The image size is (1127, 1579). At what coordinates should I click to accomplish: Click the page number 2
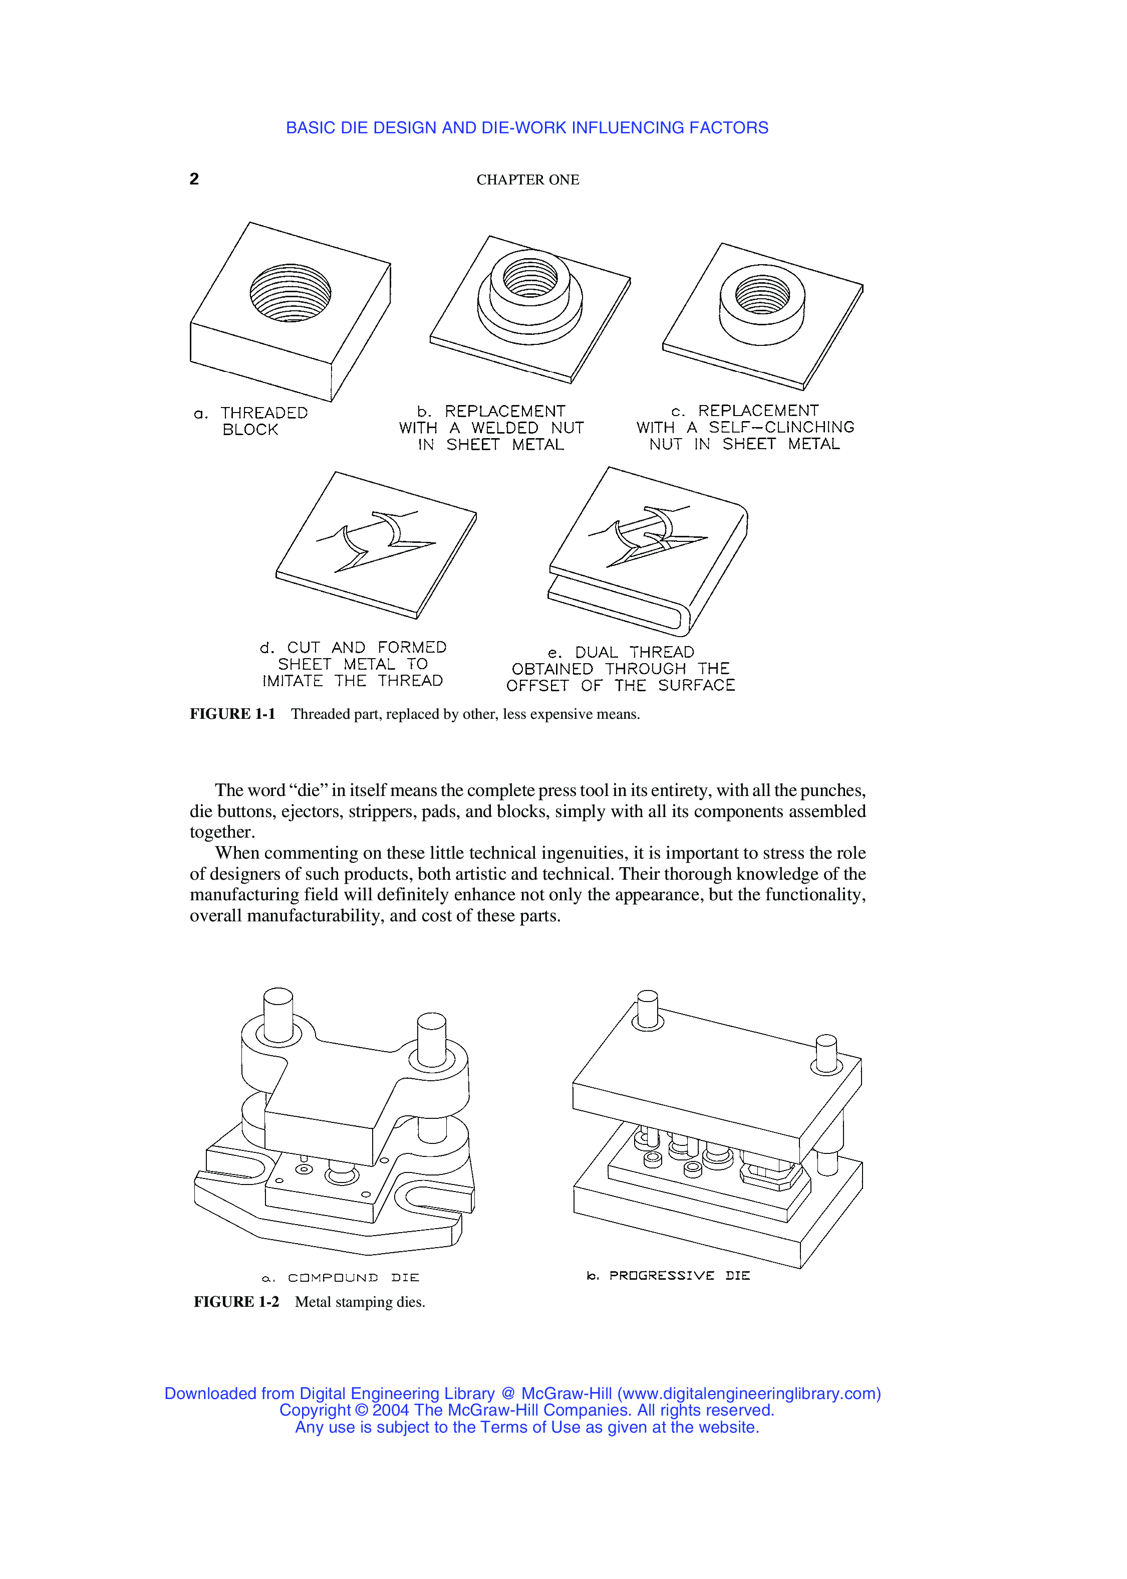(x=194, y=179)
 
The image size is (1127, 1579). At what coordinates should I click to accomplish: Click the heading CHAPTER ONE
(x=527, y=180)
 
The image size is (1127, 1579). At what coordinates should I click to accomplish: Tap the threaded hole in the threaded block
(x=290, y=292)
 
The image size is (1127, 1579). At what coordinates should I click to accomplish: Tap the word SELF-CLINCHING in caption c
(x=781, y=427)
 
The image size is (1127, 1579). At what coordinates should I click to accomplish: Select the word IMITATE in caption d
(x=292, y=681)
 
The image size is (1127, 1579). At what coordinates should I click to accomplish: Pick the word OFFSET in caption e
(x=536, y=686)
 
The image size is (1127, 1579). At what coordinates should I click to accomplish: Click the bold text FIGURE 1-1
(x=232, y=714)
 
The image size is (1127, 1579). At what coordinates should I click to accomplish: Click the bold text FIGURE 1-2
(x=236, y=1302)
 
